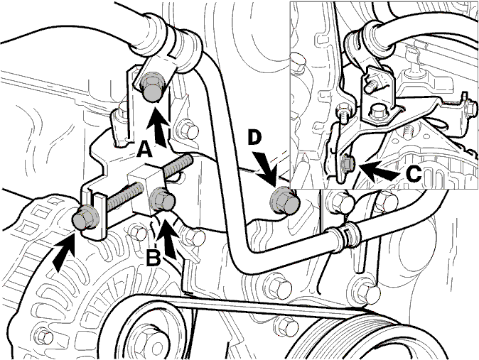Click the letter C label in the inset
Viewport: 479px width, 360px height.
(414, 175)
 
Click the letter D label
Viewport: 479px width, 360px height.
(254, 138)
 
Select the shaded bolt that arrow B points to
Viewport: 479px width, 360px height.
(162, 200)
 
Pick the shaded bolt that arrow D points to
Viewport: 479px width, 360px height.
(284, 202)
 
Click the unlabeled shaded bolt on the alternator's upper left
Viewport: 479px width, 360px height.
(85, 218)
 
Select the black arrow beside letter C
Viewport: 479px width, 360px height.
(379, 170)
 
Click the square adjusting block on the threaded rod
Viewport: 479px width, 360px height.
(146, 190)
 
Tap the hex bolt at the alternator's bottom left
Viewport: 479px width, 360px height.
(44, 337)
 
